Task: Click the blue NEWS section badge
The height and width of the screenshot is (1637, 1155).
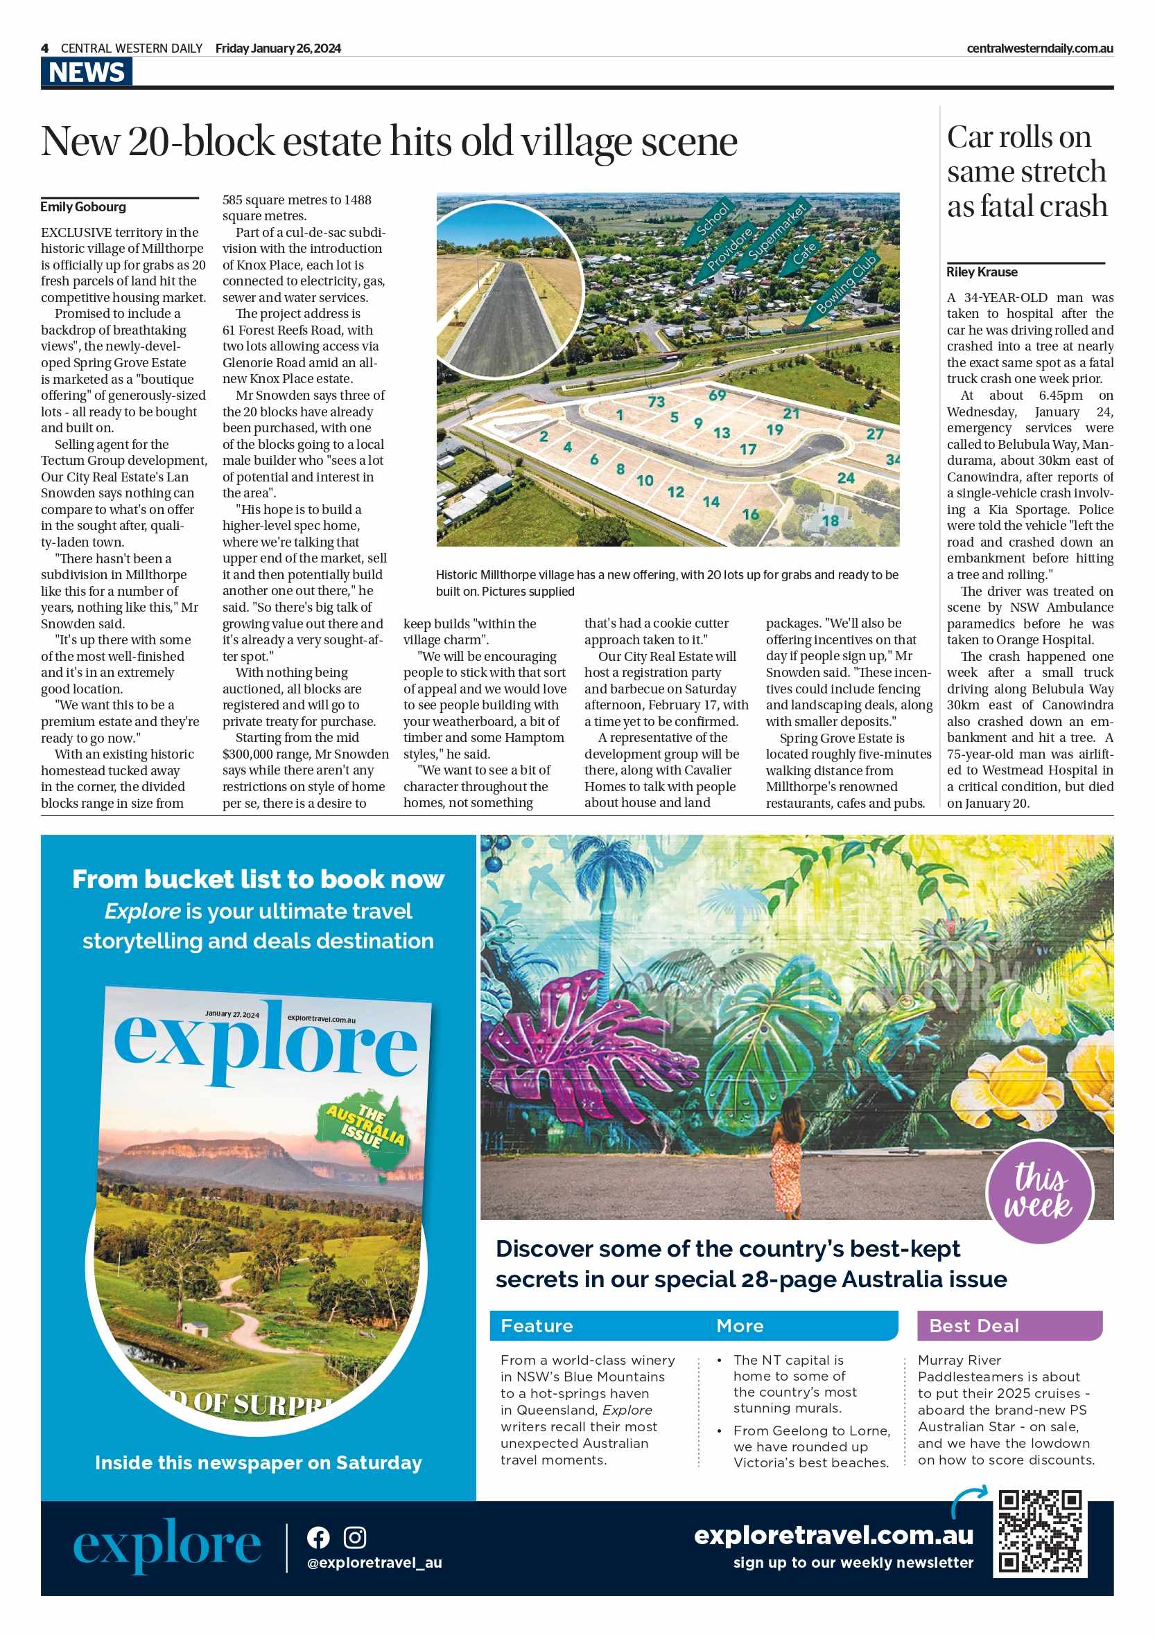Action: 87,72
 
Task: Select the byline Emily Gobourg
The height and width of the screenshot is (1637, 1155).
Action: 82,206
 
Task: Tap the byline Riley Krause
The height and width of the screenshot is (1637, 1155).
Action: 982,272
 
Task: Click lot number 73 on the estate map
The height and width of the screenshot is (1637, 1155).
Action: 656,402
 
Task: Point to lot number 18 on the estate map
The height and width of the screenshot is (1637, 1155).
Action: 830,520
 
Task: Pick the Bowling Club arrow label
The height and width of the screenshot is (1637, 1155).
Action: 847,283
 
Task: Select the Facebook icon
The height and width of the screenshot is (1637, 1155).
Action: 318,1537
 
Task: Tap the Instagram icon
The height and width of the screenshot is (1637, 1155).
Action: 354,1537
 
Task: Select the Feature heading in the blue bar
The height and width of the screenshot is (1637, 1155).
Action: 537,1326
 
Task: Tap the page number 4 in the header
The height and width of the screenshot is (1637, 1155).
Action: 45,48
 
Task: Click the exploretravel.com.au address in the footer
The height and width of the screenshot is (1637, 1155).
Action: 833,1534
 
